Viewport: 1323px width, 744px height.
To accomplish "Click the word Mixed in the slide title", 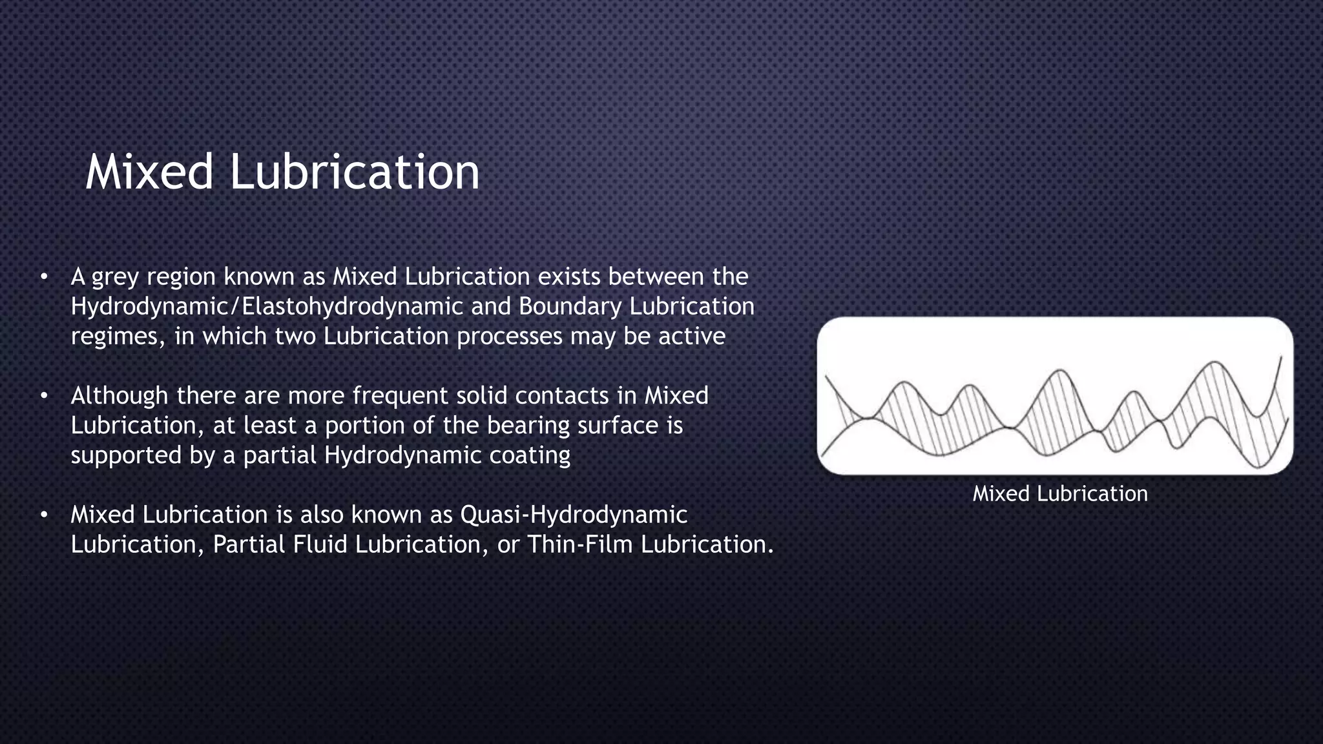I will [149, 172].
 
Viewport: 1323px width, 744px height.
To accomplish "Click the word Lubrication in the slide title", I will [355, 172].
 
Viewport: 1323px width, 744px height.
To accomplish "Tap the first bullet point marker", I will [43, 277].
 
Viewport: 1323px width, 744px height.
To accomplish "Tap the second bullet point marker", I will [43, 396].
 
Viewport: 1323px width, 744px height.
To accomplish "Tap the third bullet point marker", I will [43, 515].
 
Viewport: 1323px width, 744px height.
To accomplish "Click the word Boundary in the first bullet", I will [570, 307].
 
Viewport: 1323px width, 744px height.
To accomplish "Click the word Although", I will [120, 395].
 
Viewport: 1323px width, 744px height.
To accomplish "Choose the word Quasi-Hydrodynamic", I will [574, 515].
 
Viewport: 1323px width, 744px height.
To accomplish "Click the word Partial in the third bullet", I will [249, 544].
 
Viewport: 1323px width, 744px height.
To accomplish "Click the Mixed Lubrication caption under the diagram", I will [1059, 494].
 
